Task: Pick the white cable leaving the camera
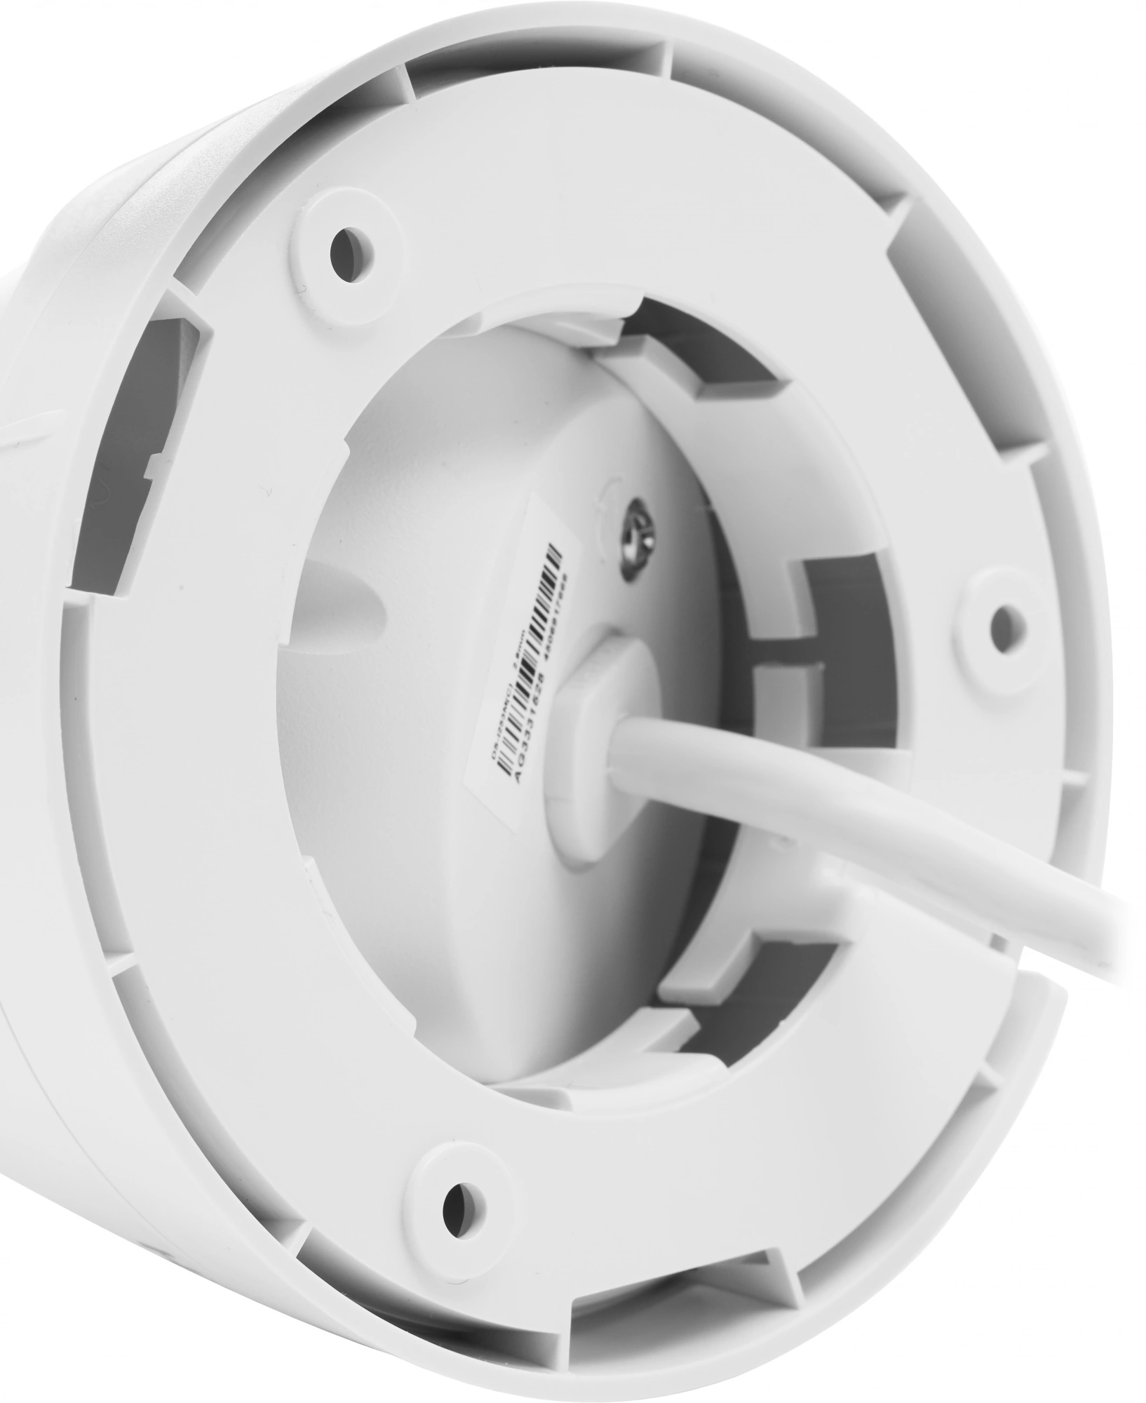pyautogui.click(x=912, y=842)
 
